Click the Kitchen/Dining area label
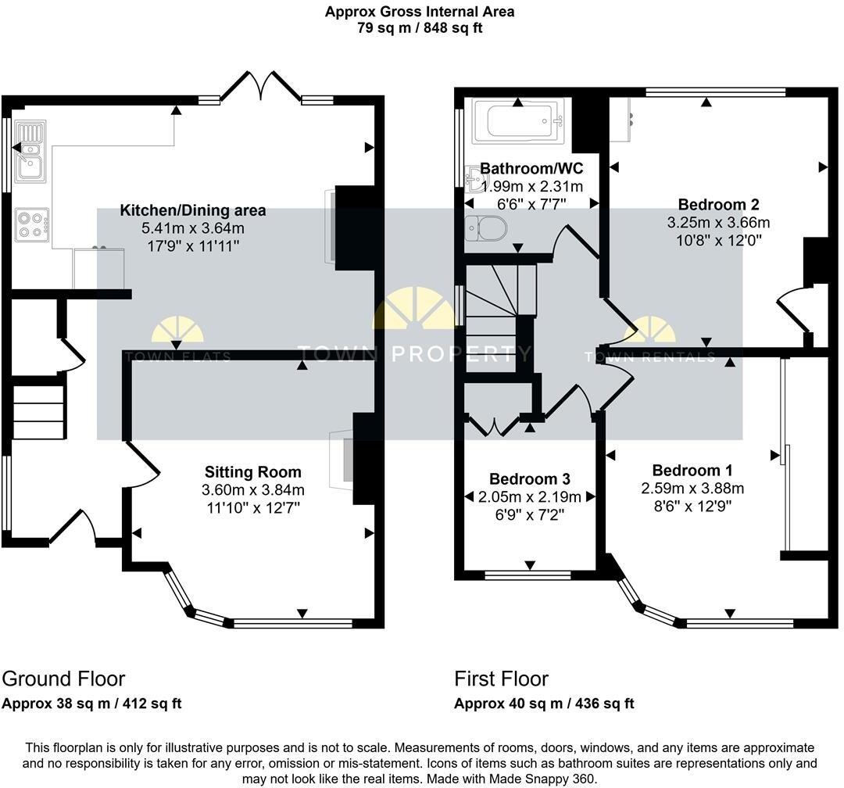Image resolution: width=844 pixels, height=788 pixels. [192, 210]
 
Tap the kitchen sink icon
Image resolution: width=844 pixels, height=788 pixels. [30, 152]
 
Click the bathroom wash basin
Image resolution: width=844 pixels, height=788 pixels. [475, 179]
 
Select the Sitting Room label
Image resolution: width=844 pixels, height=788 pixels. [252, 472]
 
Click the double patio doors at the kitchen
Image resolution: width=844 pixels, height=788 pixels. [260, 88]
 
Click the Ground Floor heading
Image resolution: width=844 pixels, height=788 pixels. [63, 679]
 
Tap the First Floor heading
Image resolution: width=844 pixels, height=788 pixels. [502, 679]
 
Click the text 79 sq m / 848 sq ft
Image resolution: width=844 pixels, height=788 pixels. [420, 28]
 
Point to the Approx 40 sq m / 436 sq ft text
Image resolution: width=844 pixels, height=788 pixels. [544, 704]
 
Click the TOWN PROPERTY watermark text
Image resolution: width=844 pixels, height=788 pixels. [414, 354]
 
